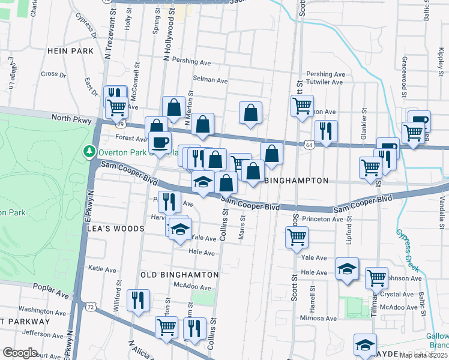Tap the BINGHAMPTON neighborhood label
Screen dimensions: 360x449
point(296,181)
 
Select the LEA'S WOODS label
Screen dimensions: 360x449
point(116,229)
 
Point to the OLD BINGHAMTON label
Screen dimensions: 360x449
point(179,274)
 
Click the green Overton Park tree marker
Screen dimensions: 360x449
point(89,150)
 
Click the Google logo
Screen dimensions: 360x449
point(20,353)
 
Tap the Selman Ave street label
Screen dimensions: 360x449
point(210,79)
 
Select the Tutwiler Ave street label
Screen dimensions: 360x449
point(325,82)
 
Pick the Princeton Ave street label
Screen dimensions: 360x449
point(322,220)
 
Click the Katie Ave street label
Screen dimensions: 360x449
point(101,269)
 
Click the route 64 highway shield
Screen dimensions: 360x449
point(309,145)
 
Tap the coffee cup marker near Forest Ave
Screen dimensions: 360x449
point(160,143)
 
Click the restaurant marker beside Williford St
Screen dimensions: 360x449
point(138,299)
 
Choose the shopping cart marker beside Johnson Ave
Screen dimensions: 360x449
point(376,277)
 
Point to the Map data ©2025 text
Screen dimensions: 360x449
point(423,355)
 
